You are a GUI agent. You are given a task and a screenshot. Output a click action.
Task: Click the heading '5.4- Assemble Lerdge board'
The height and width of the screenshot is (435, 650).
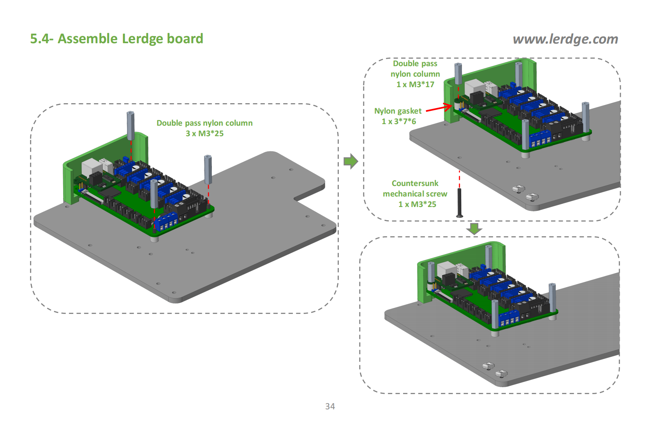(x=116, y=39)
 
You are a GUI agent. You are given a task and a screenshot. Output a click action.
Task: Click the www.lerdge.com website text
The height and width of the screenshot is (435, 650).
(x=565, y=39)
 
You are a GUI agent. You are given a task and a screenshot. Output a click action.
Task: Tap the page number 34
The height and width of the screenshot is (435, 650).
(x=330, y=406)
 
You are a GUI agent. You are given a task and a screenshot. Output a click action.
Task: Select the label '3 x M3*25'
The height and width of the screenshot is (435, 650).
(x=204, y=133)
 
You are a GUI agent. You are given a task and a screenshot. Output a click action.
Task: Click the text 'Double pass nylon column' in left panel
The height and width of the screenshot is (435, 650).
(x=204, y=123)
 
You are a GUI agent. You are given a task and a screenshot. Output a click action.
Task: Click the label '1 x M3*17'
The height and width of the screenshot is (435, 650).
(x=415, y=84)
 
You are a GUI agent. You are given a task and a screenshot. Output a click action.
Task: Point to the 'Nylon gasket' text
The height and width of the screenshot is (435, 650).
(x=398, y=111)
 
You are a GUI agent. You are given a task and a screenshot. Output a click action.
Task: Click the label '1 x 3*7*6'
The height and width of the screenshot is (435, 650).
(x=399, y=121)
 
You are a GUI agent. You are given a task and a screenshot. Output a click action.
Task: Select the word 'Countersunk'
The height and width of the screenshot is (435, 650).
(x=415, y=183)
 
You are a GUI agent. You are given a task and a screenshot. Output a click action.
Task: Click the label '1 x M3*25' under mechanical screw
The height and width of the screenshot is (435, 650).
(x=417, y=204)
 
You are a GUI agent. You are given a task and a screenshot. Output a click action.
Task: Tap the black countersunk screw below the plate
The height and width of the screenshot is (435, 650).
(x=460, y=202)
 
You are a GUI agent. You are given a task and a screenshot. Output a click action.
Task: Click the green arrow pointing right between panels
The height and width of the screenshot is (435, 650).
(x=351, y=161)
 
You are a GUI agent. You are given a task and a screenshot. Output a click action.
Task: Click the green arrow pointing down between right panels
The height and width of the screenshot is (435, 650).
(x=474, y=228)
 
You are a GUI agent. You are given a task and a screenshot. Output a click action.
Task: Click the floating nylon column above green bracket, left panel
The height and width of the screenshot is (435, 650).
(x=130, y=125)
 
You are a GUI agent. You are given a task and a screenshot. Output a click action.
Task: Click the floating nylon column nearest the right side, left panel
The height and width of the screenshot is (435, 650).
(x=208, y=169)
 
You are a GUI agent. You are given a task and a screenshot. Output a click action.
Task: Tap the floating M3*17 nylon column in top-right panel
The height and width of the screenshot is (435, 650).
(x=458, y=74)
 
